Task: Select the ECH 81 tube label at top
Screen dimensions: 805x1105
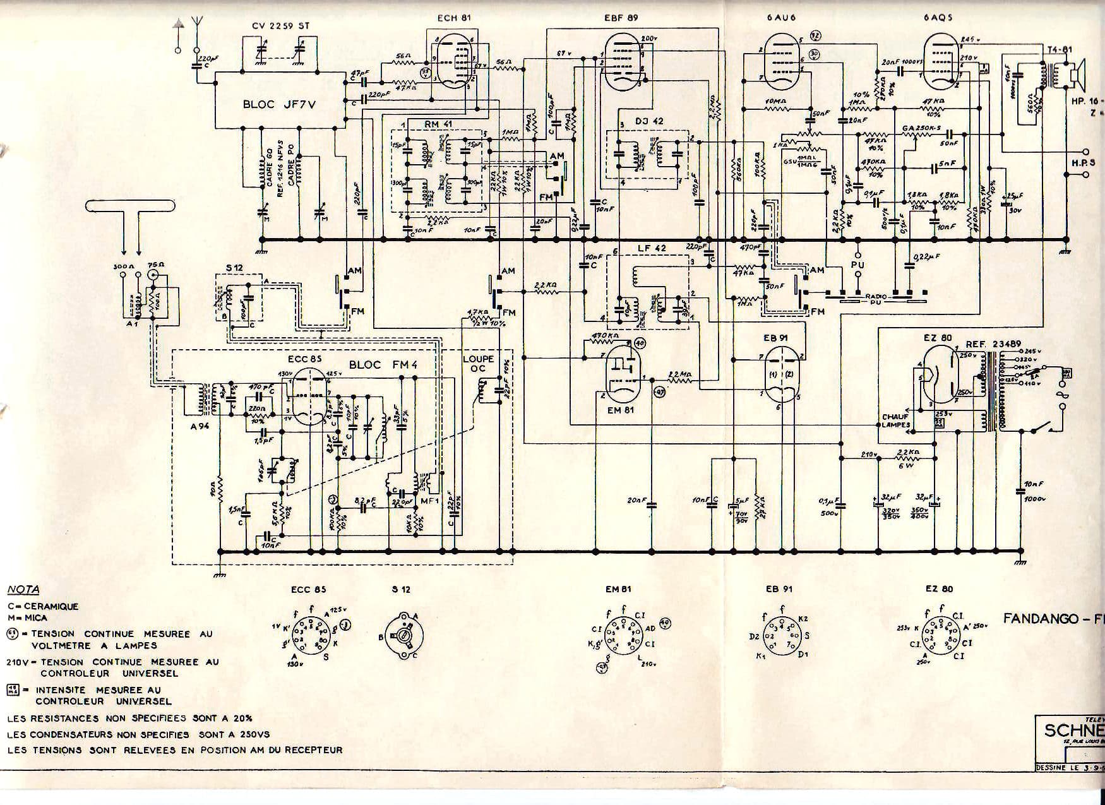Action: [x=454, y=18]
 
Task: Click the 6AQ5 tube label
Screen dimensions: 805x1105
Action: [x=937, y=18]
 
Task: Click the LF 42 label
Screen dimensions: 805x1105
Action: [x=652, y=248]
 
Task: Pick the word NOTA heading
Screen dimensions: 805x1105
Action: [x=23, y=590]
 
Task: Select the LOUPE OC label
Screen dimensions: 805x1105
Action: [x=478, y=364]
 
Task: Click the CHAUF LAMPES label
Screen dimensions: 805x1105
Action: [x=897, y=420]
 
